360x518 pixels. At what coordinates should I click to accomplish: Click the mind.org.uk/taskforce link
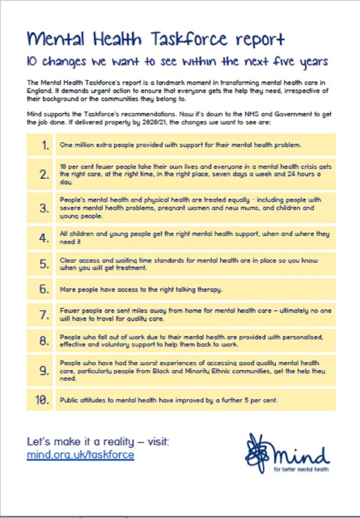click(x=81, y=454)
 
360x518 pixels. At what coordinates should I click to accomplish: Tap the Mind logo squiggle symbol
click(x=257, y=451)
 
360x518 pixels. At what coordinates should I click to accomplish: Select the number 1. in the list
click(x=45, y=145)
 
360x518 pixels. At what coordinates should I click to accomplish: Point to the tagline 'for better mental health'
click(x=301, y=469)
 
